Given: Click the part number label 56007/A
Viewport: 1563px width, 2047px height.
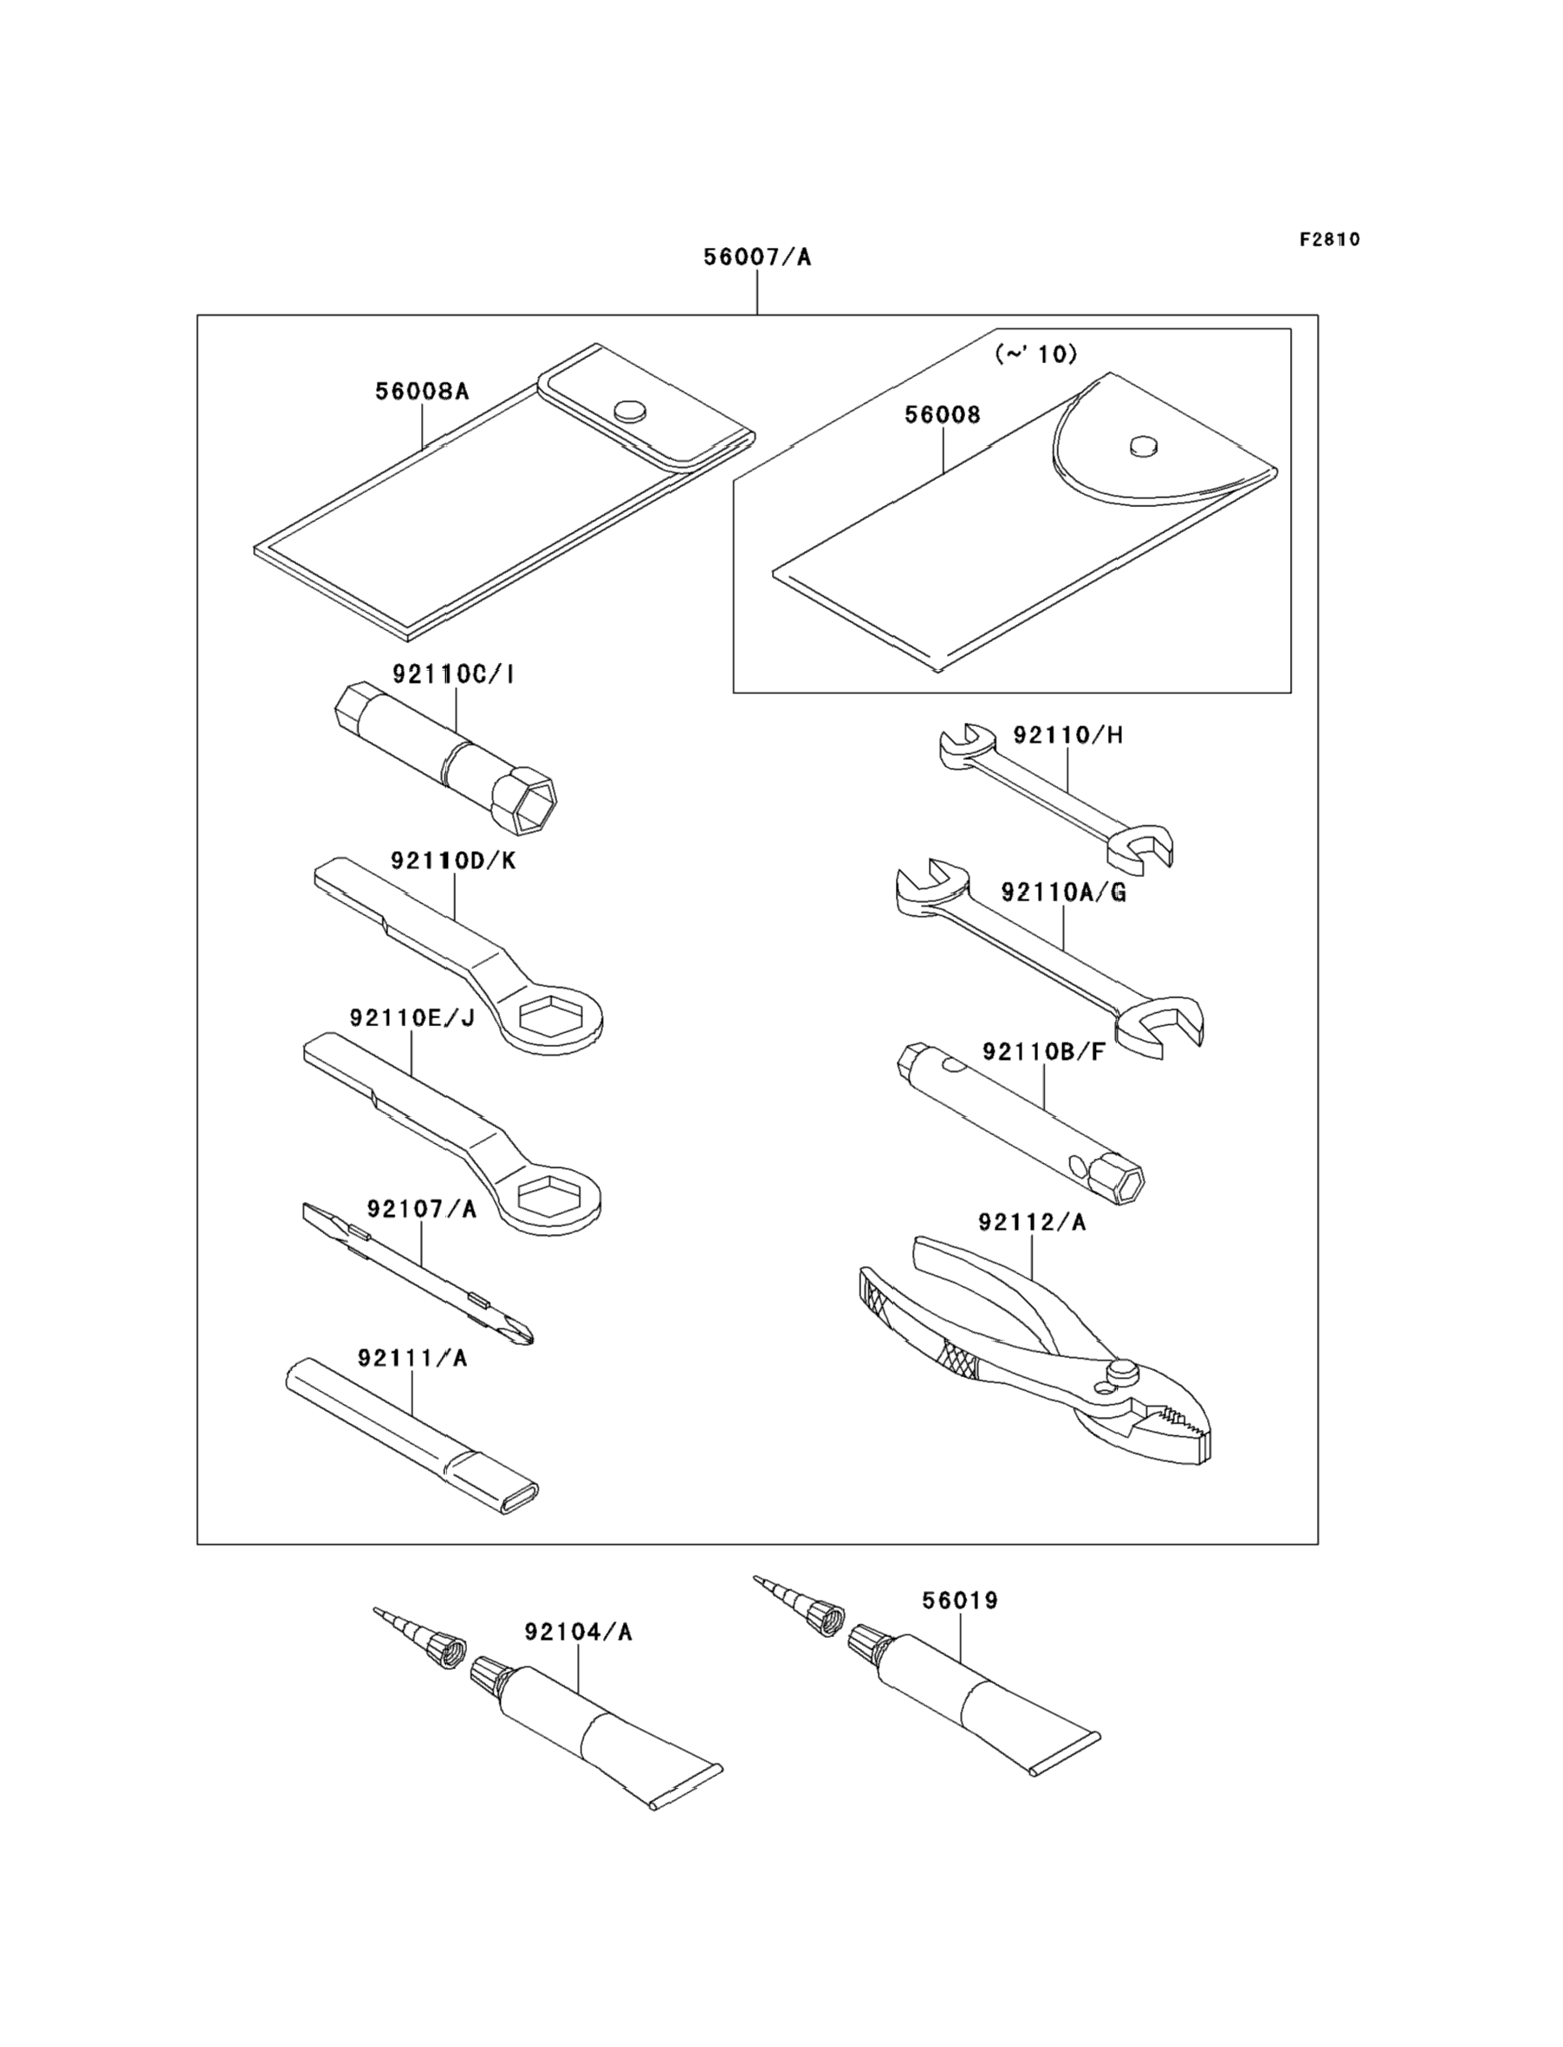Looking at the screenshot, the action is (756, 257).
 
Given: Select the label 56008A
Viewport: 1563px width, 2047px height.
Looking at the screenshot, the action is (423, 391).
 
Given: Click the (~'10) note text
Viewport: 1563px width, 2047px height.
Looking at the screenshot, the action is (1036, 354).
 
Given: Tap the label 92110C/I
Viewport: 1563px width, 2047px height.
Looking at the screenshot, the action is (453, 673).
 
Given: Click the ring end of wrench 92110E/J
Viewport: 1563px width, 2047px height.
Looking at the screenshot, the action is (547, 1196).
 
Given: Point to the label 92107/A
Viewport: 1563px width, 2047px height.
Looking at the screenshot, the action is (421, 1209).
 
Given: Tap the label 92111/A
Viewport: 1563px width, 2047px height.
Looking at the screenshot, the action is (412, 1359).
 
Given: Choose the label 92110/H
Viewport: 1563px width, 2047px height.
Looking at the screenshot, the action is (1068, 735).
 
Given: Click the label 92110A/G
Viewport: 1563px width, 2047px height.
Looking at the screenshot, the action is (1063, 893).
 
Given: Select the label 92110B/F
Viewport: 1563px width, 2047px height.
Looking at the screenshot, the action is (1044, 1051).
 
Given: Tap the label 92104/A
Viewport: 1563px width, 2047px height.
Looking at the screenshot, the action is (578, 1632).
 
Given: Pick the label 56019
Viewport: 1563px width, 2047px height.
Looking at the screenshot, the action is (960, 1601).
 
